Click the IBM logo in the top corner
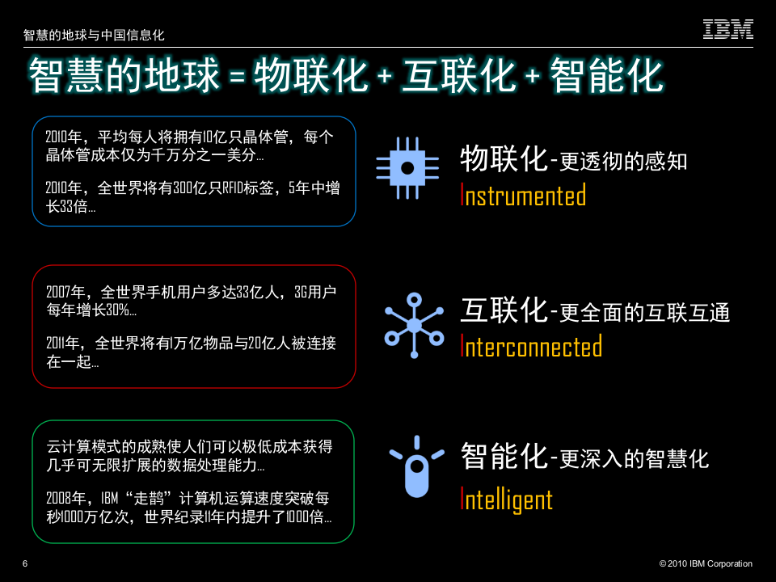click(727, 29)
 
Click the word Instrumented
click(523, 196)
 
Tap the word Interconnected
click(531, 347)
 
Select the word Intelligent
click(506, 499)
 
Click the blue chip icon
click(408, 167)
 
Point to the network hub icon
click(413, 325)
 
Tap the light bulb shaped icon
click(415, 468)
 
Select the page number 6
click(25, 563)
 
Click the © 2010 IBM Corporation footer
click(706, 563)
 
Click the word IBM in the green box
click(112, 496)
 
